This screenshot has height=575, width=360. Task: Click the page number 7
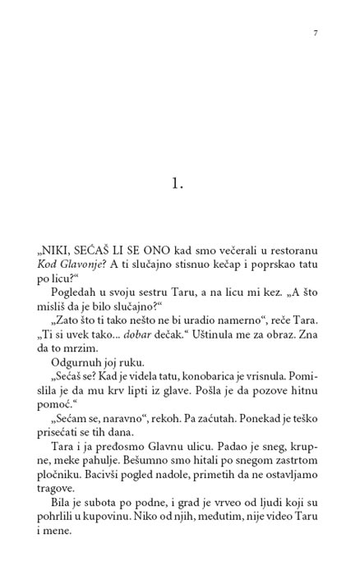(316, 33)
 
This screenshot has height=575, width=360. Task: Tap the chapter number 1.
(178, 183)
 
